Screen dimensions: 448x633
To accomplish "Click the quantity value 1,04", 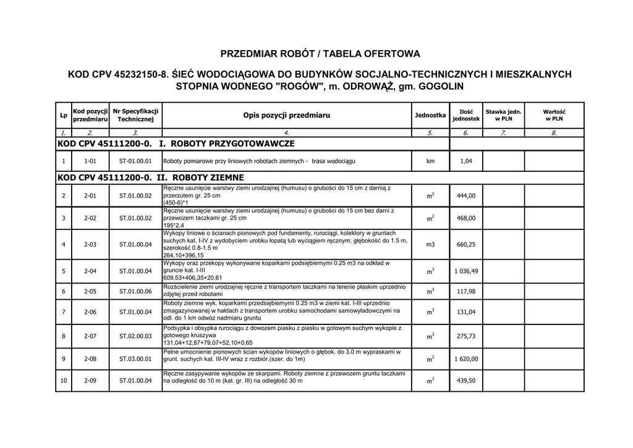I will [466, 161].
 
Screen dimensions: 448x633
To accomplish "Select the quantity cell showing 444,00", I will [466, 196].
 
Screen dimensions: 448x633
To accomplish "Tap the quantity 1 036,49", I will [466, 271].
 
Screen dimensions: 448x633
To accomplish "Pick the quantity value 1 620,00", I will [466, 358].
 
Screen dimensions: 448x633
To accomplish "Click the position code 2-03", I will [90, 245].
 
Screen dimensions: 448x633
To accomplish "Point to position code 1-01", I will [90, 161].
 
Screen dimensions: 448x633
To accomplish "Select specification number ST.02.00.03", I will [135, 336].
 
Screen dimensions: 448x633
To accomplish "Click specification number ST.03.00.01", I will [135, 358].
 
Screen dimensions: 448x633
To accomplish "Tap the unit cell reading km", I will [430, 161].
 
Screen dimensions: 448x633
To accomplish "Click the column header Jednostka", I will [430, 116].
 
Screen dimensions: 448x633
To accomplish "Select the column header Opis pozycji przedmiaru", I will [286, 116].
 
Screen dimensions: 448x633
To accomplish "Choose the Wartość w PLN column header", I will [554, 115].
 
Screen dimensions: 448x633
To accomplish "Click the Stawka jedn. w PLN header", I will [503, 115].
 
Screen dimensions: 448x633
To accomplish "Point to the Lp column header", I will [64, 116].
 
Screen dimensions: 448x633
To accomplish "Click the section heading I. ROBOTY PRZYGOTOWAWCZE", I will [227, 144].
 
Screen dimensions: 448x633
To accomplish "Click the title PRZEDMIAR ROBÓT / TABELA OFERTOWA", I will [320, 54].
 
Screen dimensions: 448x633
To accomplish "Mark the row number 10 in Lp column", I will [64, 381].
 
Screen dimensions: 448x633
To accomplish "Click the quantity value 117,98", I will [466, 292].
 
